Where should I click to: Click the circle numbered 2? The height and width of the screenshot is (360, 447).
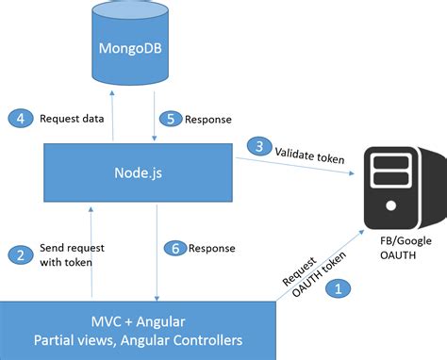coord(19,254)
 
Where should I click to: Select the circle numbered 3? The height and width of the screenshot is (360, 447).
coord(257,145)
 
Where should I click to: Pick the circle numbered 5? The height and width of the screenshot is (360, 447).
coord(169,120)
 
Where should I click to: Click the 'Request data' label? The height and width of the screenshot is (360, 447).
coord(69,119)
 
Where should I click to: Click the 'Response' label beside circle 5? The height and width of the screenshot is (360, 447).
coord(208,120)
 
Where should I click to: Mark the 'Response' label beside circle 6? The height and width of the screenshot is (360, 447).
coord(211,249)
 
